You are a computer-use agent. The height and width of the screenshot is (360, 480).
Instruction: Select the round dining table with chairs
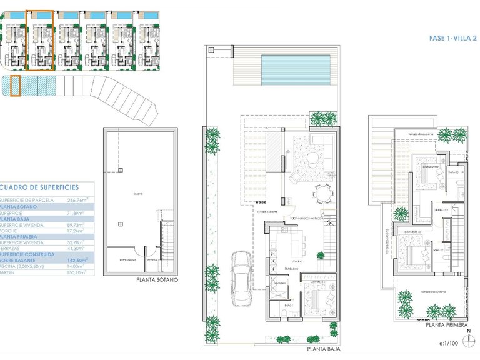pyautogui.click(x=323, y=195)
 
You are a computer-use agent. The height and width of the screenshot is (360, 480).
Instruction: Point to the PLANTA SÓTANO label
pyautogui.click(x=157, y=280)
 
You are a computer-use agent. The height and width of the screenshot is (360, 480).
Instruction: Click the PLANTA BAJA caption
pyautogui.click(x=322, y=350)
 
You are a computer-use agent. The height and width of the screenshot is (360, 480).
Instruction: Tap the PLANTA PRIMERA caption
pyautogui.click(x=446, y=326)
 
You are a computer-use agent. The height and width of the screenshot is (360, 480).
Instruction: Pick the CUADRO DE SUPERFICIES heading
pyautogui.click(x=40, y=187)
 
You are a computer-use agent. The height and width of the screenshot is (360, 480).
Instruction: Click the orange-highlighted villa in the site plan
pyautogui.click(x=41, y=40)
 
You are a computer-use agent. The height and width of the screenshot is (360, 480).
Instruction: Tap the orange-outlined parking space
pyautogui.click(x=16, y=86)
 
